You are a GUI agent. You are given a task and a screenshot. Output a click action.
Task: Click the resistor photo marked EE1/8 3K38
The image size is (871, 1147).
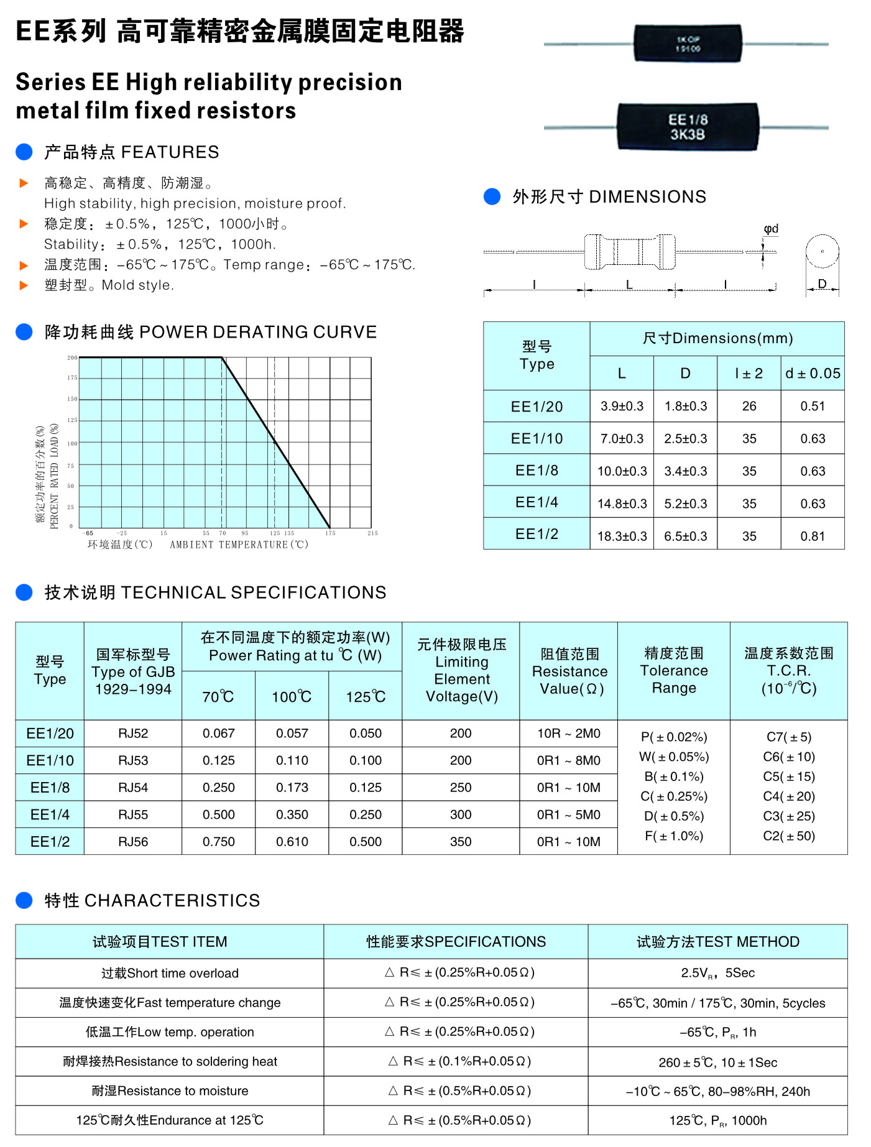tap(688, 127)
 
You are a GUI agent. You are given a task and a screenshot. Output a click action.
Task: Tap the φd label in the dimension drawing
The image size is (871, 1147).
tap(771, 229)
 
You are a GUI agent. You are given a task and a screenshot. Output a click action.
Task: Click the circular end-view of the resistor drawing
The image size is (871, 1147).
tap(822, 252)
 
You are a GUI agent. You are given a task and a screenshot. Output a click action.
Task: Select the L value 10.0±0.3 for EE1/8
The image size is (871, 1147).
tap(622, 471)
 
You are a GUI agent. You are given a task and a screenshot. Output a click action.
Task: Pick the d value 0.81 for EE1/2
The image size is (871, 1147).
tap(812, 536)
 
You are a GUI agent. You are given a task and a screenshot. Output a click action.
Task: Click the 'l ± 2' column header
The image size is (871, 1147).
tap(749, 373)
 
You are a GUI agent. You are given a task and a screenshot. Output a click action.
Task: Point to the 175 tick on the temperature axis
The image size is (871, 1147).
tap(330, 533)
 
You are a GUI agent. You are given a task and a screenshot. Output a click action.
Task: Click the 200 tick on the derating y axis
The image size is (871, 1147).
tap(73, 357)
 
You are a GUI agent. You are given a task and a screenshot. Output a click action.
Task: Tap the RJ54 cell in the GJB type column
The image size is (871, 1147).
tap(133, 788)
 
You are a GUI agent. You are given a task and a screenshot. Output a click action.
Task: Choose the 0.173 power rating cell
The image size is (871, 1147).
tap(292, 788)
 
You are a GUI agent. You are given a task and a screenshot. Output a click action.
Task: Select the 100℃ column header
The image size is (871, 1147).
tap(292, 697)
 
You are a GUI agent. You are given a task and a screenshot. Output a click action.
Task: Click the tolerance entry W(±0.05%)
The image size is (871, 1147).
tap(674, 757)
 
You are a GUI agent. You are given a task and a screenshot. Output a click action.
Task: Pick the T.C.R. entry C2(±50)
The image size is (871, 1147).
tap(788, 836)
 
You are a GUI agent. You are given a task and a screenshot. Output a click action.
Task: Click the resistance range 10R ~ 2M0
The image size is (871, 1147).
tap(569, 734)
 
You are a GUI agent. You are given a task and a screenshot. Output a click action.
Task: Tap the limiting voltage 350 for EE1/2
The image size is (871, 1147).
tap(461, 842)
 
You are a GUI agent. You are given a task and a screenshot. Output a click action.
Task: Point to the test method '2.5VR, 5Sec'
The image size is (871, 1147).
tap(717, 973)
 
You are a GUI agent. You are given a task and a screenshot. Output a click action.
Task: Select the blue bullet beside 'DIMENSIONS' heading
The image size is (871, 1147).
tap(492, 196)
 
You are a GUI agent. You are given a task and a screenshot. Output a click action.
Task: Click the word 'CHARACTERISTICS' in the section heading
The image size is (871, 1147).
tap(172, 900)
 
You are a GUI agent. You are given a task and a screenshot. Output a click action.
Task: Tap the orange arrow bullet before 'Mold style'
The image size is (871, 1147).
tap(24, 285)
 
